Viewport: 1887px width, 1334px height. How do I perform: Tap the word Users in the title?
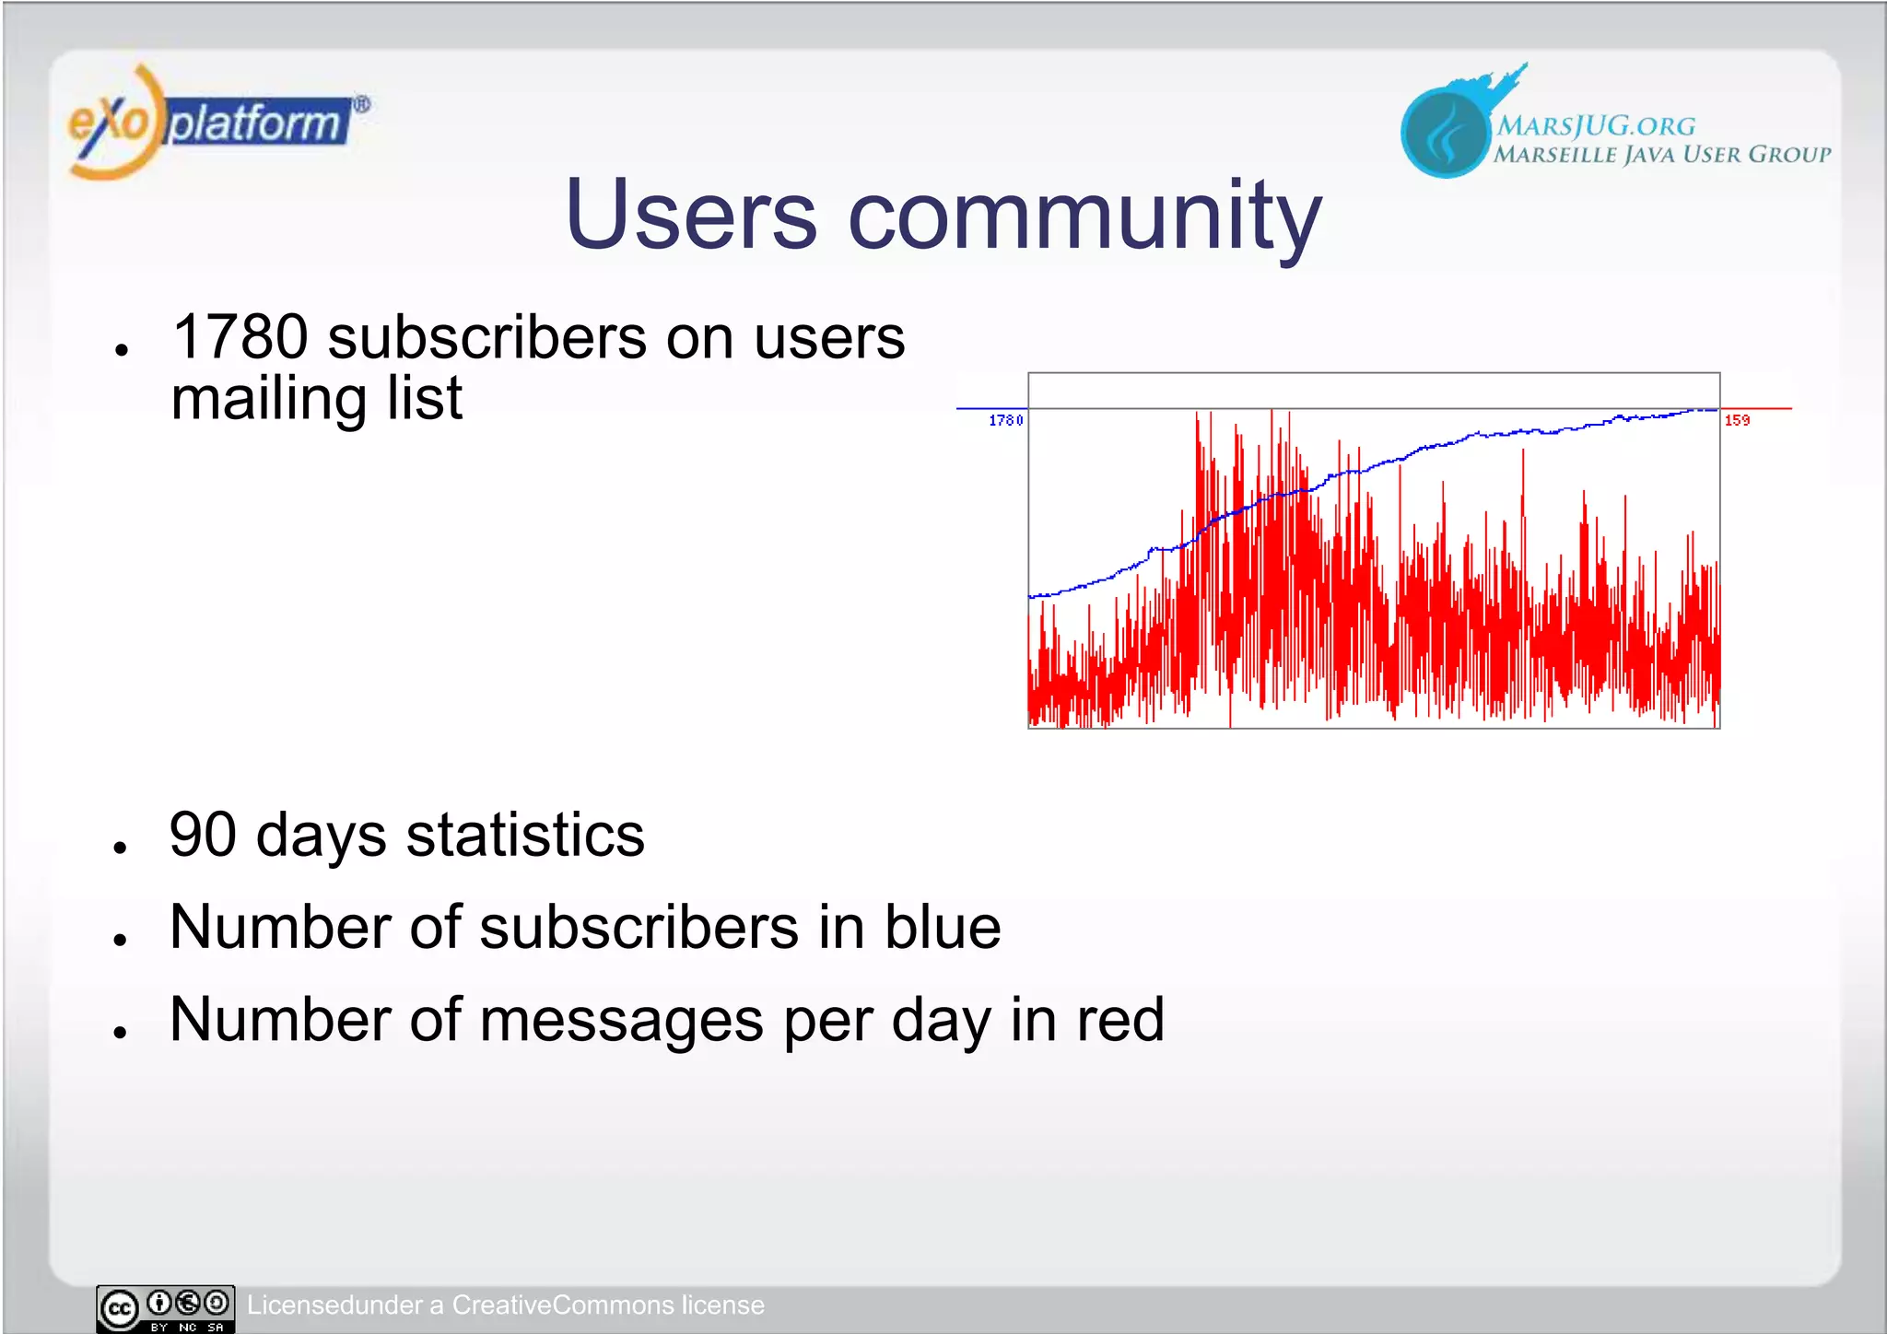tap(690, 216)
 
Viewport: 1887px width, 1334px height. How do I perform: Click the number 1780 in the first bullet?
tap(240, 337)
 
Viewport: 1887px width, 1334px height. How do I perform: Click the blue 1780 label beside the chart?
tap(1005, 421)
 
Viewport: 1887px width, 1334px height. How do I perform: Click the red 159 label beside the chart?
tap(1737, 421)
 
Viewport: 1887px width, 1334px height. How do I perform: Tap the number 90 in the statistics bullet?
tap(203, 835)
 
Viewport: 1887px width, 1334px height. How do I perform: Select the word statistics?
tap(525, 835)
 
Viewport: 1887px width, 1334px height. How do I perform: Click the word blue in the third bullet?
tap(942, 927)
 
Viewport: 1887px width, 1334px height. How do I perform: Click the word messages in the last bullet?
tap(622, 1020)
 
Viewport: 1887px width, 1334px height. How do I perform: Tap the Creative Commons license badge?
tap(166, 1308)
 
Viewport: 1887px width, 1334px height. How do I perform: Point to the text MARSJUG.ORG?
tap(1596, 126)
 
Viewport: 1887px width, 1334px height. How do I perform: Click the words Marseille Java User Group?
tap(1662, 155)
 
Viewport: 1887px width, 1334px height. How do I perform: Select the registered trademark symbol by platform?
tap(362, 105)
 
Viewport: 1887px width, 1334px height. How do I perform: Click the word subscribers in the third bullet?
tap(639, 927)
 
